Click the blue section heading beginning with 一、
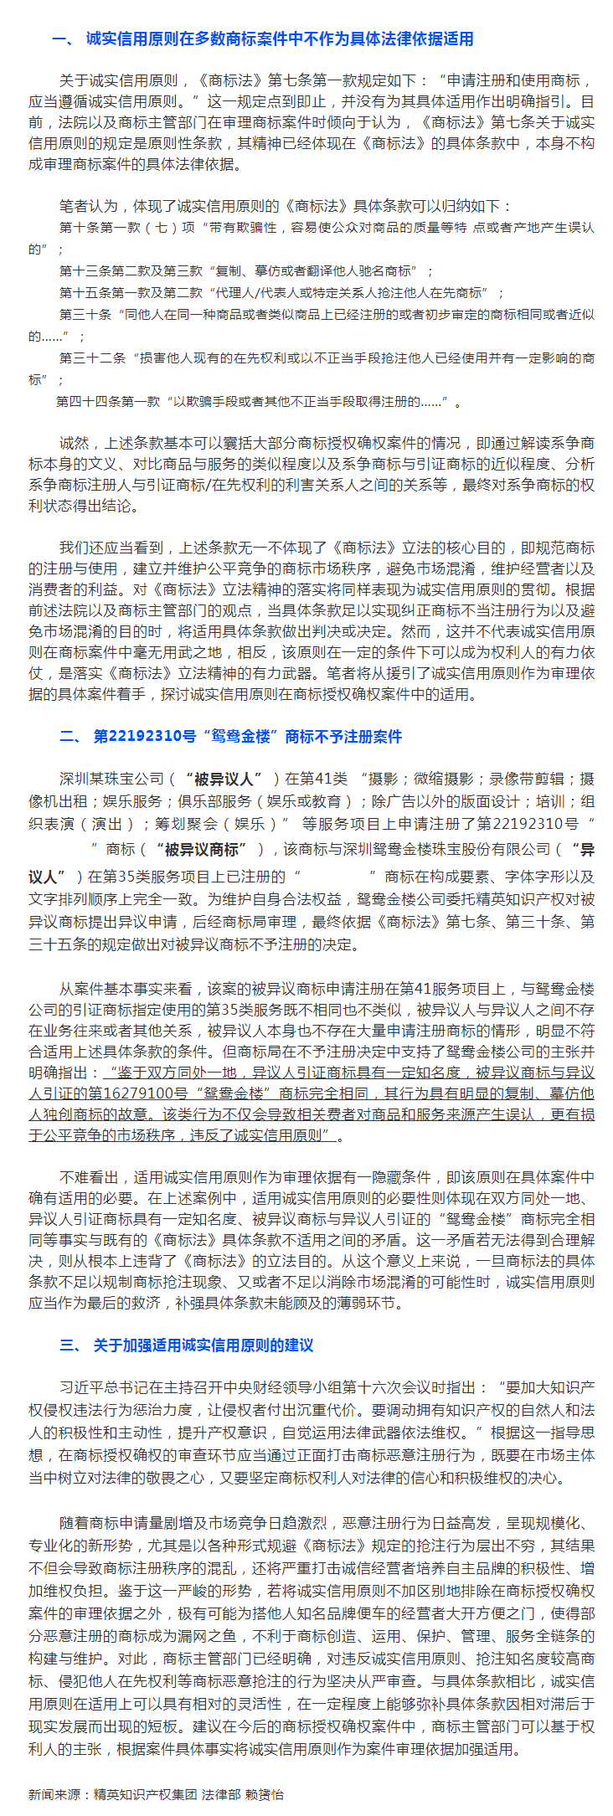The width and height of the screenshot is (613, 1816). click(262, 39)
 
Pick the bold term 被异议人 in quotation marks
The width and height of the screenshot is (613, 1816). click(224, 779)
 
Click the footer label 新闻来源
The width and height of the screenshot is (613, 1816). click(54, 1793)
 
